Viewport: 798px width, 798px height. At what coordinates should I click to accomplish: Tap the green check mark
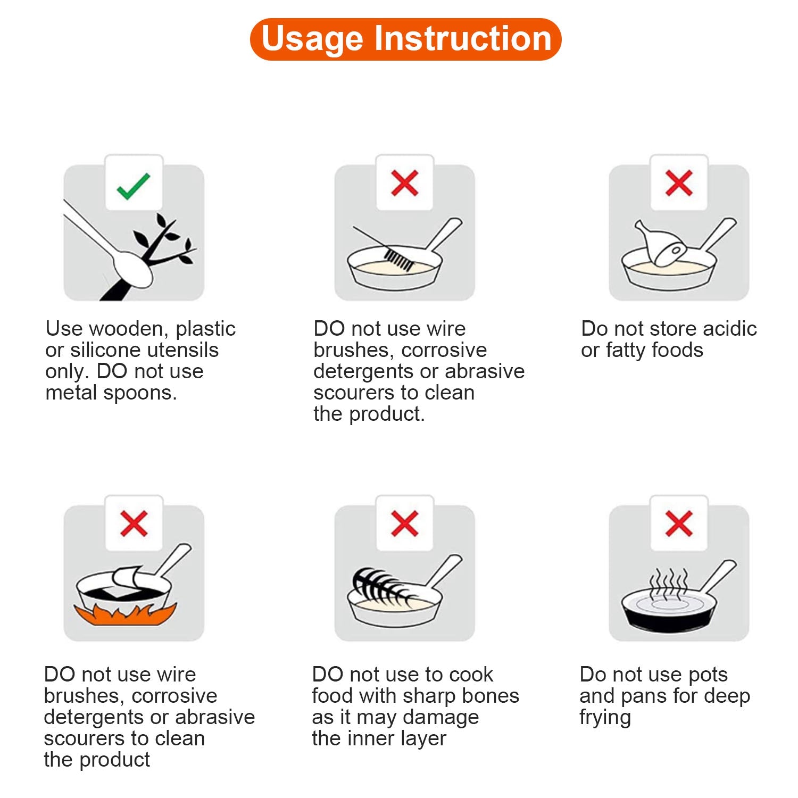coord(134,186)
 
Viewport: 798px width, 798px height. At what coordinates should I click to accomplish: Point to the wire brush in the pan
coord(399,259)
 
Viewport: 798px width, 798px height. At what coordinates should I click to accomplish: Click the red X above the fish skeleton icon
coord(404,523)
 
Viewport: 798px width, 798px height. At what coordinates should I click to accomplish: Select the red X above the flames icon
coord(134,523)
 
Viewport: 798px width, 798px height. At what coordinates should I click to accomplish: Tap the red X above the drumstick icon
coord(679,184)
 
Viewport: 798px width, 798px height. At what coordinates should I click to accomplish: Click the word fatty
coord(626,350)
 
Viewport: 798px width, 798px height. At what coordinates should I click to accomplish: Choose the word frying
coord(605,717)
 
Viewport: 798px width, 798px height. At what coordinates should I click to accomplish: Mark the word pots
coord(707,675)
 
